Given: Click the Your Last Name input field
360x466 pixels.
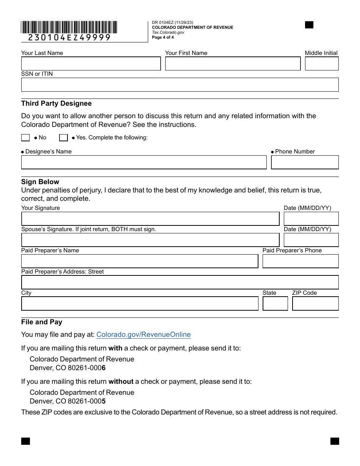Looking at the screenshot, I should [91, 64].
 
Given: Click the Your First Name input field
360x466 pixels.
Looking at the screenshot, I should [233, 64].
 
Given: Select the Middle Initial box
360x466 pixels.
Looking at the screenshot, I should [322, 64].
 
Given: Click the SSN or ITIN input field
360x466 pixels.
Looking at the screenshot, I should [180, 85].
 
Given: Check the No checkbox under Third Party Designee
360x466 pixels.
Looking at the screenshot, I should [25, 138].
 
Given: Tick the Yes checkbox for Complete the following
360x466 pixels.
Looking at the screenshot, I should [64, 138].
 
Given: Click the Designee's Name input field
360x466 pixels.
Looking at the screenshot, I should [144, 163].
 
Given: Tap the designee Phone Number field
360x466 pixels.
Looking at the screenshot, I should [305, 163].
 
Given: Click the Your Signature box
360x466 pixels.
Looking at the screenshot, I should [150, 219].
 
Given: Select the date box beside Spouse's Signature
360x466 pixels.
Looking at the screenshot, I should [311, 240].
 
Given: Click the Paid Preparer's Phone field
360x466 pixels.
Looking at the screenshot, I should [301, 261].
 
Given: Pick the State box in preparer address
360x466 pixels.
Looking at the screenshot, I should [275, 304].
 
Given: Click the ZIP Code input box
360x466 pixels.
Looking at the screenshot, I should [315, 304].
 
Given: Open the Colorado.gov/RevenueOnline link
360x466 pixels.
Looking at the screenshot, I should [144, 335].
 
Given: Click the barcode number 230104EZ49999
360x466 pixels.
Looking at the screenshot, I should [69, 38].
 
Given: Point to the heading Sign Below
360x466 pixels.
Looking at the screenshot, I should [40, 182].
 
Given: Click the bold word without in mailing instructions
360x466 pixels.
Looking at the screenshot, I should [121, 382].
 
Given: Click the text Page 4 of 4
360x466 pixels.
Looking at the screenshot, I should [163, 38].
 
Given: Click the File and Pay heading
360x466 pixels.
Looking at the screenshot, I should [42, 322].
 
